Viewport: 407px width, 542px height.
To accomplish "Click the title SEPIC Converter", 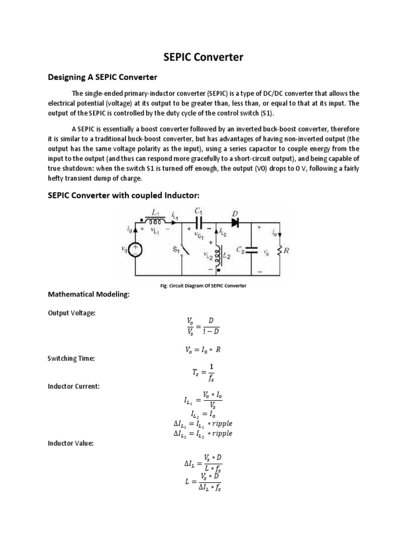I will coord(203,57).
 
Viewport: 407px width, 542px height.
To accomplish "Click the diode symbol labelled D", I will coord(234,219).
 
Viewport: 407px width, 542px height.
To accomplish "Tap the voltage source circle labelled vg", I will coord(136,249).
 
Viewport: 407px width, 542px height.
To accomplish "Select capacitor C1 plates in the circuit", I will coord(199,219).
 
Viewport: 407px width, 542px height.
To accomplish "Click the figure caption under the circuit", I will coord(203,286).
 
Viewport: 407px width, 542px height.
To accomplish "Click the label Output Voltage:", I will coord(72,313).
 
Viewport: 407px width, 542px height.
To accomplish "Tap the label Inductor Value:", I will coord(70,444).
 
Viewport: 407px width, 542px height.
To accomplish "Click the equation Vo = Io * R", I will coord(203,349).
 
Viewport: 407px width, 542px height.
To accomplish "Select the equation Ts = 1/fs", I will coord(203,372).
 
